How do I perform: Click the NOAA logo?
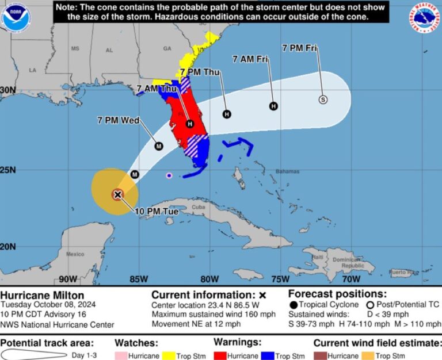[16, 17]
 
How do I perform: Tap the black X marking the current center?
[117, 194]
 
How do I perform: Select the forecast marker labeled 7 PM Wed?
[159, 146]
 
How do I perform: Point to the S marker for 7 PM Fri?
[323, 99]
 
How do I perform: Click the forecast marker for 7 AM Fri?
[274, 106]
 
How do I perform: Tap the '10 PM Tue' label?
[157, 212]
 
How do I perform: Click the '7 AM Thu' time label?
[157, 89]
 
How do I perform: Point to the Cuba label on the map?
[199, 207]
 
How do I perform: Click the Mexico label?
[75, 254]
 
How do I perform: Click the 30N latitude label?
[8, 90]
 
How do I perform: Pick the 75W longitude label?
[280, 279]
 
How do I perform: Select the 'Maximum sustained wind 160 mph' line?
[214, 314]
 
